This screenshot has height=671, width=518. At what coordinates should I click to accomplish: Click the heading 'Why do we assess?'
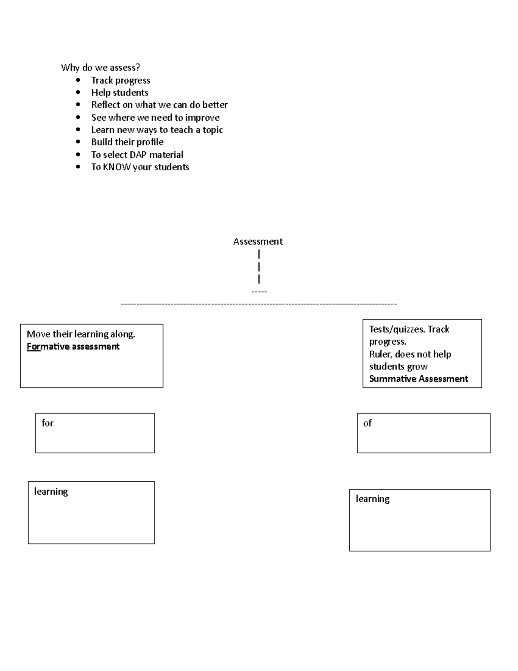[x=101, y=67]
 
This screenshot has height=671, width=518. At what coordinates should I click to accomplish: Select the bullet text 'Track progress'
[x=120, y=80]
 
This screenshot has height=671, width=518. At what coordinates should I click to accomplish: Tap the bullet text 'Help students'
[x=120, y=92]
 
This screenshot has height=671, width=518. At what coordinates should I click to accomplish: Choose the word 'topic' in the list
[x=213, y=130]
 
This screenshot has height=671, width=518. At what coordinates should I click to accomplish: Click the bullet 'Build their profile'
[x=127, y=142]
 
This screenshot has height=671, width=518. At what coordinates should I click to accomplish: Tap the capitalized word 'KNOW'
[x=117, y=167]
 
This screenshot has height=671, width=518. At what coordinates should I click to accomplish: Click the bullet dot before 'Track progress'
[x=78, y=80]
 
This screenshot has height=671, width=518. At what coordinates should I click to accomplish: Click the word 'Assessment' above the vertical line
[x=258, y=242]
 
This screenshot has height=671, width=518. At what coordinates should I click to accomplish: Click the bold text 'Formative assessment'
[x=73, y=347]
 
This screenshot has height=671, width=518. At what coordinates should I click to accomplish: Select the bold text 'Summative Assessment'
[x=418, y=379]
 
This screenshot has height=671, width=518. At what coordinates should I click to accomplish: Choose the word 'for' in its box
[x=47, y=423]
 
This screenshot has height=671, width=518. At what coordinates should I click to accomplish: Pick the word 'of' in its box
[x=367, y=423]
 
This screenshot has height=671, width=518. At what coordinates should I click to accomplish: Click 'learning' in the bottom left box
[x=51, y=492]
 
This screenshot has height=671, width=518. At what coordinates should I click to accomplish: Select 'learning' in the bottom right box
[x=373, y=499]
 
